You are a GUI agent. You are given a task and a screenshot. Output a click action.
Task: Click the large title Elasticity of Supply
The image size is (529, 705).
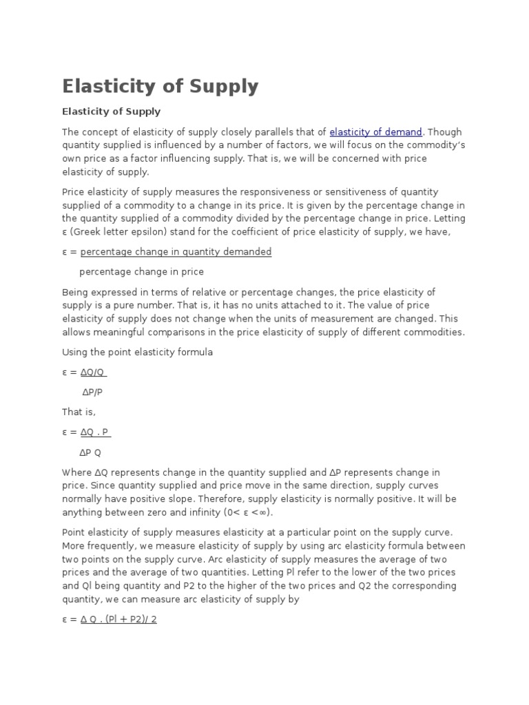coord(160,87)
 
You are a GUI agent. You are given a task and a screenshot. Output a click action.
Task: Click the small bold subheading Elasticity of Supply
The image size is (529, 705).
coord(111,112)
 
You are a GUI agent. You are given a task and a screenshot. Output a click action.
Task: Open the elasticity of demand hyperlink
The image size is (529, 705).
coord(375,132)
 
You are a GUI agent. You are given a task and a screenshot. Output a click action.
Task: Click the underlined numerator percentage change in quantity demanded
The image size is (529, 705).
coord(176,252)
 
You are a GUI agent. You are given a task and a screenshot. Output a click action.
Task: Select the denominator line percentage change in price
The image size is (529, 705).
coord(142,272)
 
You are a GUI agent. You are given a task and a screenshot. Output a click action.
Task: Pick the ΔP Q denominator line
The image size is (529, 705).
coord(91,452)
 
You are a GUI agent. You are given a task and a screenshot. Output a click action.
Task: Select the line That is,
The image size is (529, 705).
coord(79,412)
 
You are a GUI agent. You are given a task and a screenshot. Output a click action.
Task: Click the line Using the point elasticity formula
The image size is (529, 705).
coord(138,352)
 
